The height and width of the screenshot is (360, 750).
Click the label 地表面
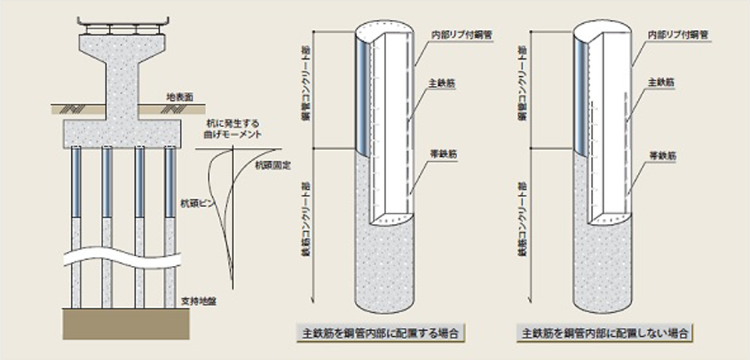coord(179,97)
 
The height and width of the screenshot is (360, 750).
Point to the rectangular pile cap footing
coord(123,133)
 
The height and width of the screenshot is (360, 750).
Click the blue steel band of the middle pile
coord(360,97)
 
